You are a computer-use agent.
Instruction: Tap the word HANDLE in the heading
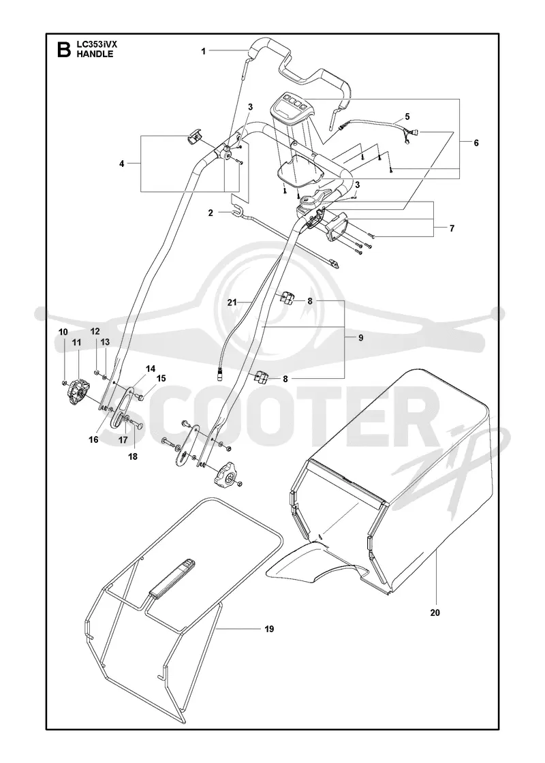95,54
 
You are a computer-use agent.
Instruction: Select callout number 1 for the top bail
204,50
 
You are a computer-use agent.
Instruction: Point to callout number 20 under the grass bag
435,612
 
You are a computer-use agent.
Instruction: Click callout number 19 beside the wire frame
269,629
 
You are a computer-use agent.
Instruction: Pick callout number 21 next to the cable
232,302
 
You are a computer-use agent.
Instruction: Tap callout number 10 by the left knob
63,332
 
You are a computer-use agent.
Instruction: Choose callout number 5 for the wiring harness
407,116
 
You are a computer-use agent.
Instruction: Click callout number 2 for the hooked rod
211,213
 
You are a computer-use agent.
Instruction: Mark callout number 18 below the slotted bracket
132,456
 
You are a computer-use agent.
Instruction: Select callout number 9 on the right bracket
360,337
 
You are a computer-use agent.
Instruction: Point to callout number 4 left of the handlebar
122,163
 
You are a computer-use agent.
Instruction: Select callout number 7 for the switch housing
452,228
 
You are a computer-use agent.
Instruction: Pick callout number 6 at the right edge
476,142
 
